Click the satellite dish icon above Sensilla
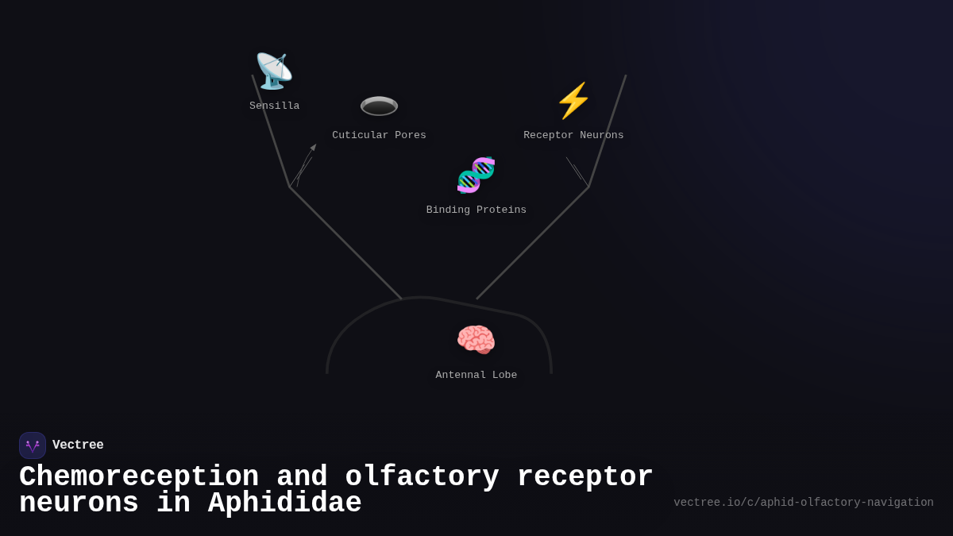click(274, 71)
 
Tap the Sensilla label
click(275, 106)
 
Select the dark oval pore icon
click(379, 106)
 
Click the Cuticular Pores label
click(379, 136)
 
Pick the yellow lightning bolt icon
click(573, 101)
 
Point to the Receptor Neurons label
click(573, 136)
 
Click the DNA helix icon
click(476, 175)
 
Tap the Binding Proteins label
click(476, 210)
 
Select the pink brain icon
click(476, 340)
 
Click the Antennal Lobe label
click(476, 376)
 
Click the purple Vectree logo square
click(33, 445)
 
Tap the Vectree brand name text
click(78, 445)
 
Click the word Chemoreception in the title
click(139, 477)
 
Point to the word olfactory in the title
click(422, 477)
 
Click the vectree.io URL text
click(804, 503)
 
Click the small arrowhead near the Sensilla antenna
click(314, 147)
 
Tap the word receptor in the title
click(585, 477)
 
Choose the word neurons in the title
click(79, 503)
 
